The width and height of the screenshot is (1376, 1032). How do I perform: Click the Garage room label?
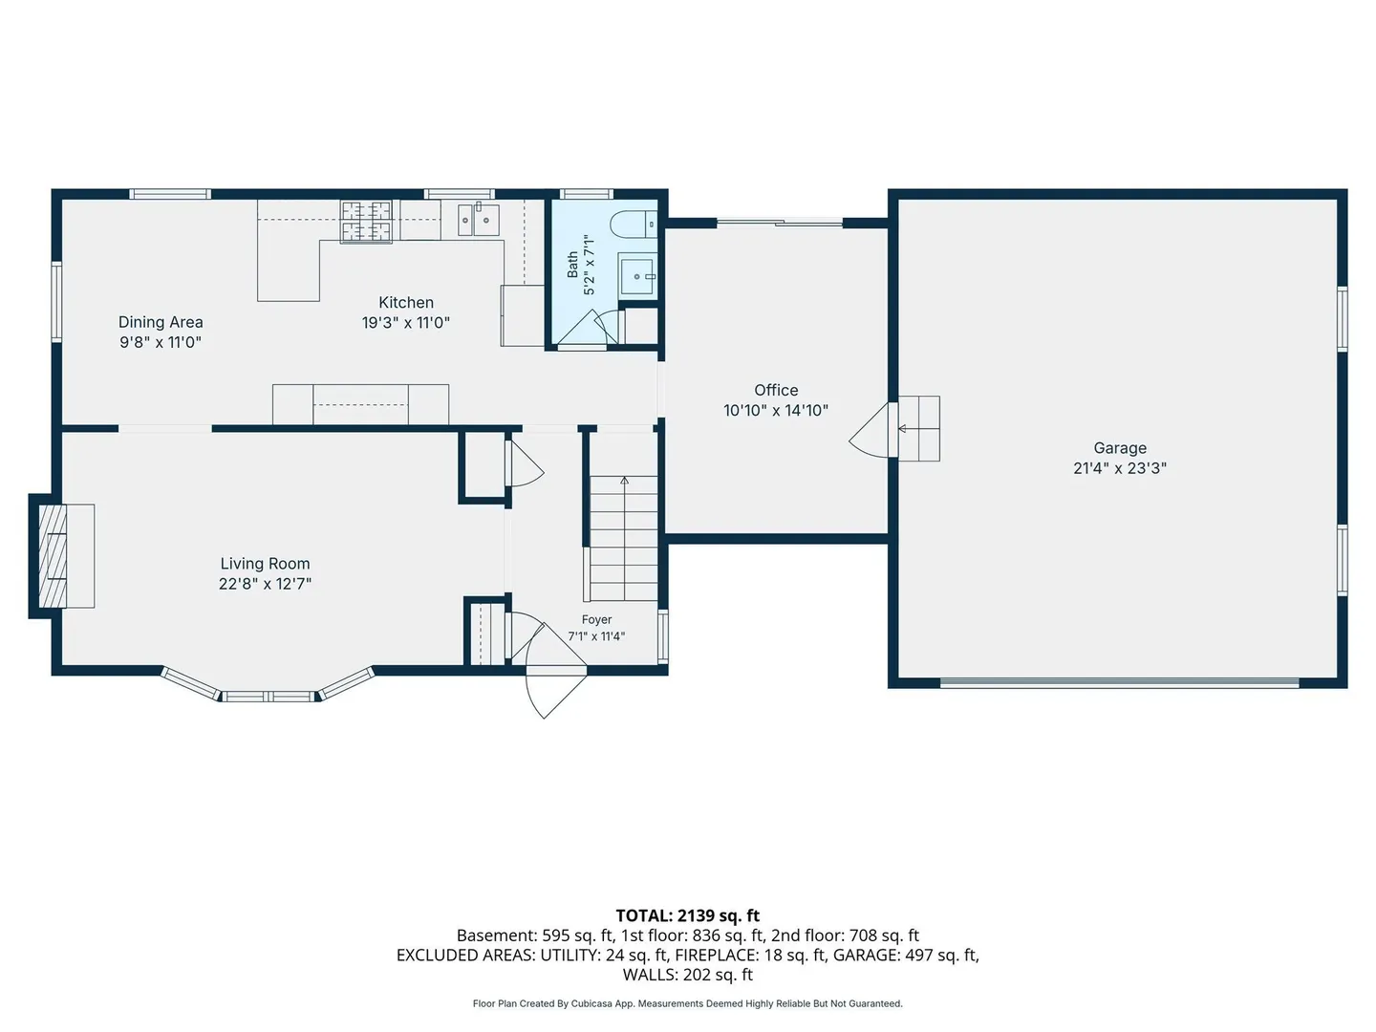pyautogui.click(x=1120, y=448)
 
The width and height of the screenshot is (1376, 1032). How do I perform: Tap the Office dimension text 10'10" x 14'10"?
pyautogui.click(x=776, y=411)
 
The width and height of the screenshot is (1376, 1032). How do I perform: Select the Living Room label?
pyautogui.click(x=265, y=564)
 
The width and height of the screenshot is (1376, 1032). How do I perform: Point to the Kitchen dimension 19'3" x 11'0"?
pyautogui.click(x=405, y=323)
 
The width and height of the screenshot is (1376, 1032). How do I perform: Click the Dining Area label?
pyautogui.click(x=161, y=322)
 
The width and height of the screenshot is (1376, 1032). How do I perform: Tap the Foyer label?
pyautogui.click(x=596, y=620)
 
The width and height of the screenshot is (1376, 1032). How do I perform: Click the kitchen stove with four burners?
pyautogui.click(x=366, y=221)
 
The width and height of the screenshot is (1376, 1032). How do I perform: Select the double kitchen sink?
pyautogui.click(x=478, y=220)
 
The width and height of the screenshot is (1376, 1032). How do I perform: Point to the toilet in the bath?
pyautogui.click(x=634, y=225)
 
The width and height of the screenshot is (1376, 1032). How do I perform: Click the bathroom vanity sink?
pyautogui.click(x=637, y=276)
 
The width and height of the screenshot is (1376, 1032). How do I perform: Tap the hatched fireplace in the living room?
pyautogui.click(x=53, y=556)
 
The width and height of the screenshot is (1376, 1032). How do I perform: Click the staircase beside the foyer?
pyautogui.click(x=624, y=538)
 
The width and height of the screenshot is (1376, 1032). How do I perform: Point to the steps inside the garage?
pyautogui.click(x=919, y=429)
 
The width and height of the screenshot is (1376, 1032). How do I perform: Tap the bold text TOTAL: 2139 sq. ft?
pyautogui.click(x=688, y=915)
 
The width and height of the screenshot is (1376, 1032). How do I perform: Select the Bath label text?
pyautogui.click(x=572, y=265)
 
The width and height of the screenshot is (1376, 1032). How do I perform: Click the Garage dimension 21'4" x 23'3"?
pyautogui.click(x=1120, y=468)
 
